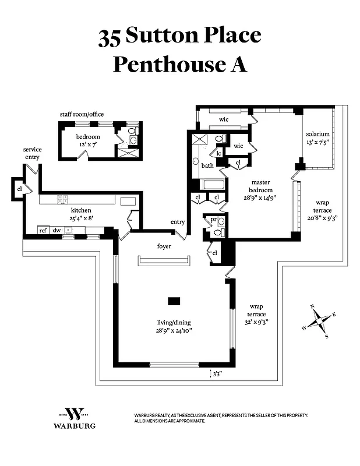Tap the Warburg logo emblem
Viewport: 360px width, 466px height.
[74, 415]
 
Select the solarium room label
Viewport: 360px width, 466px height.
[317, 134]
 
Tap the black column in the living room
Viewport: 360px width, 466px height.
[174, 301]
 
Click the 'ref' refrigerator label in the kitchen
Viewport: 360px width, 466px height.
[43, 231]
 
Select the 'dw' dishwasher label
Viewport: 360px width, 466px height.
[57, 231]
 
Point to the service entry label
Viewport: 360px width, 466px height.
[32, 153]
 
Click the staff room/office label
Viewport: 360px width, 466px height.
[82, 114]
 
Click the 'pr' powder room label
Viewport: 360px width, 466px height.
[213, 220]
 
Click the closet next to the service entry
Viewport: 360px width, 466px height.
[19, 189]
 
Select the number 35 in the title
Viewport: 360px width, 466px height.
[109, 37]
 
